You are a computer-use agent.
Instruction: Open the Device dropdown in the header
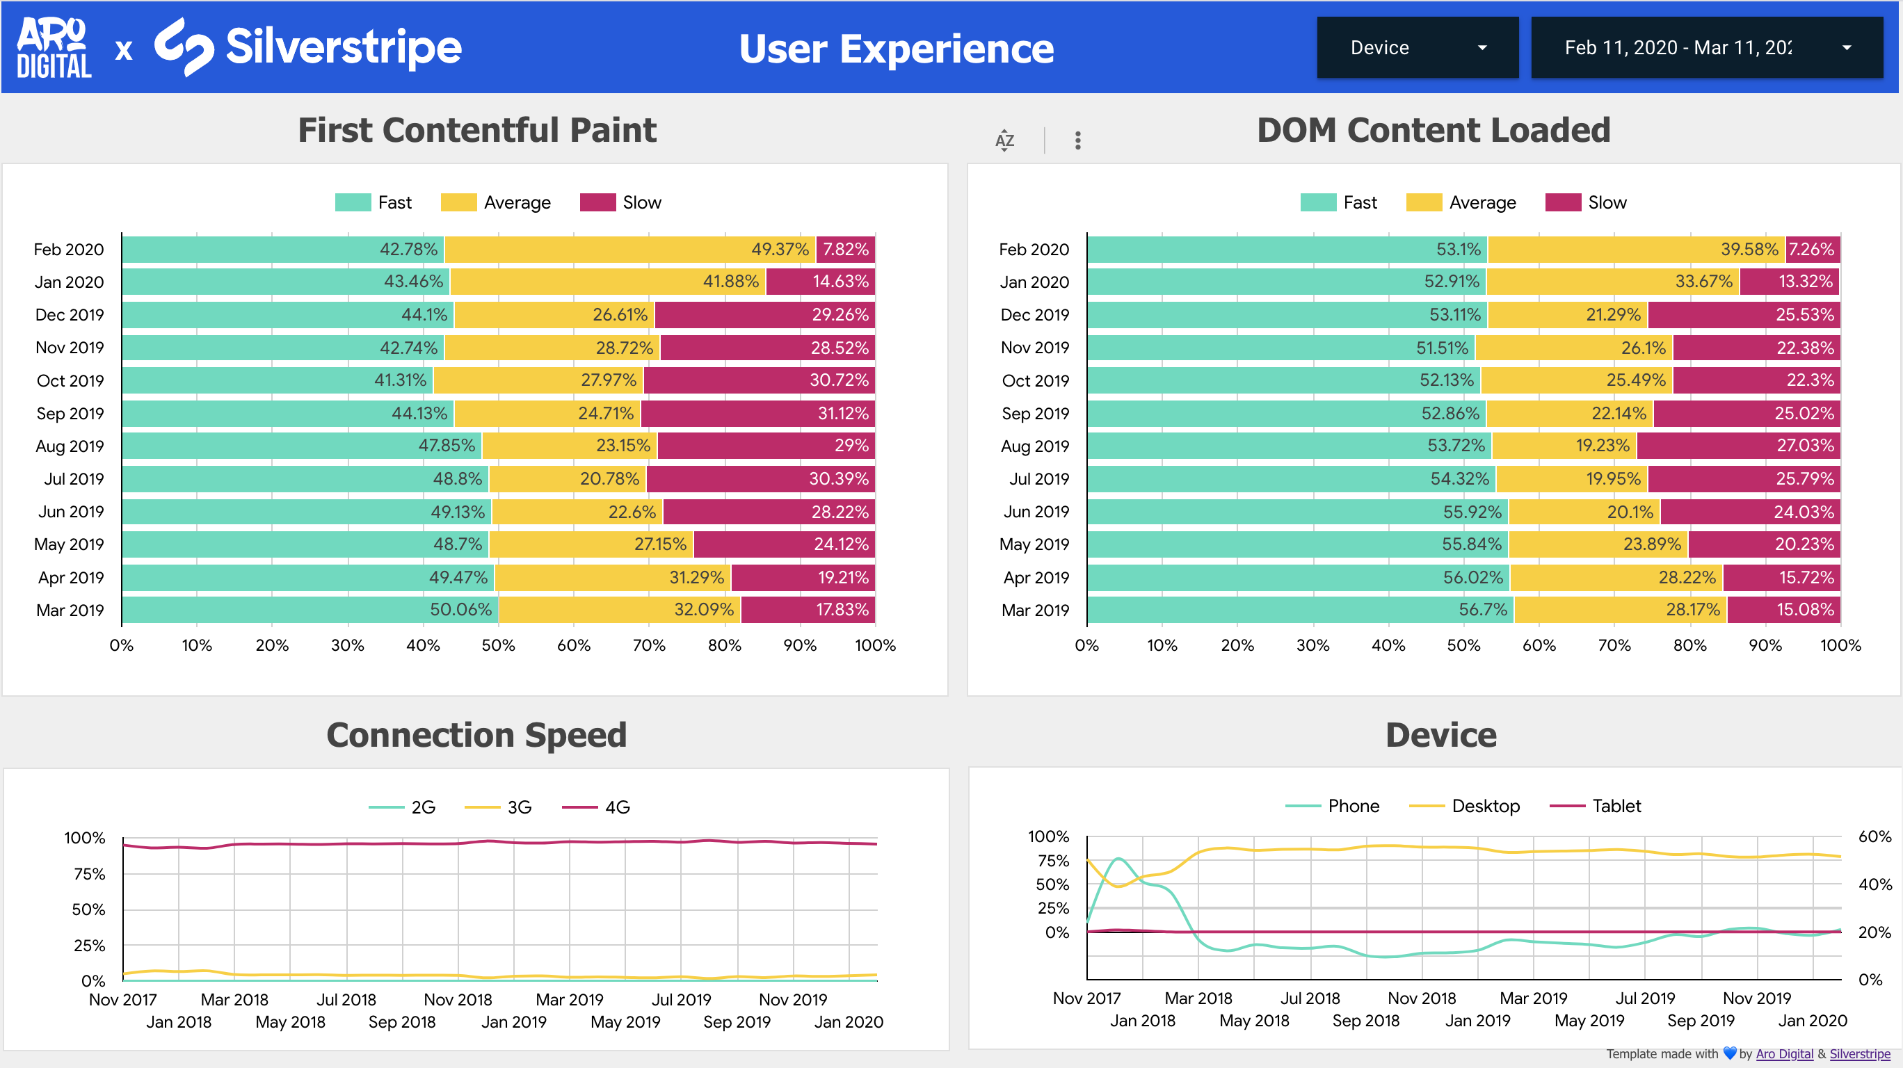point(1417,48)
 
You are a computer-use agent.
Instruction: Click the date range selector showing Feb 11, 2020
point(1705,48)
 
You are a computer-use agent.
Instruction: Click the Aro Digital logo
point(53,48)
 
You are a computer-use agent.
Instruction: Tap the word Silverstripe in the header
point(344,48)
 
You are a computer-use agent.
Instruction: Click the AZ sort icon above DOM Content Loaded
point(1004,140)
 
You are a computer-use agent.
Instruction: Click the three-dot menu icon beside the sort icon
point(1078,140)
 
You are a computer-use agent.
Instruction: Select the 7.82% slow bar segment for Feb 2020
point(845,250)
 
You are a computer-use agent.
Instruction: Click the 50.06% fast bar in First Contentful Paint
point(310,610)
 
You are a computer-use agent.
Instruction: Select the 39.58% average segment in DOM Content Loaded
point(1636,250)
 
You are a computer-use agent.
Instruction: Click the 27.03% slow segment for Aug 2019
point(1737,446)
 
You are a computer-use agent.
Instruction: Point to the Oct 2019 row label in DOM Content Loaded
point(1035,381)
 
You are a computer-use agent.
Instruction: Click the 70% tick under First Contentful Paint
point(649,645)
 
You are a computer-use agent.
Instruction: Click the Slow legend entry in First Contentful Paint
point(620,202)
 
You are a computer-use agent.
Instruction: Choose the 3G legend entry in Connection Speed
point(499,807)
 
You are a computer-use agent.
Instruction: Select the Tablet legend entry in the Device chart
point(1596,806)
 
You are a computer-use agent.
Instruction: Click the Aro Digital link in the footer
point(1784,1054)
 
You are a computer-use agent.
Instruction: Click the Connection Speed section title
point(476,736)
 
